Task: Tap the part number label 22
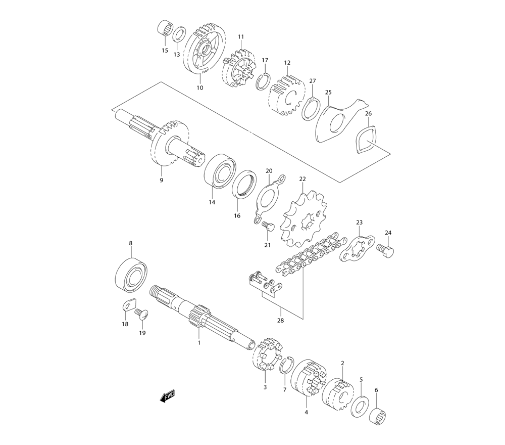point(302,179)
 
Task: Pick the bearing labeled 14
point(219,171)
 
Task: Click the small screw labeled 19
point(141,315)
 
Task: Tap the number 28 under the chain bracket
point(281,320)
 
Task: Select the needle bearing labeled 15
point(165,29)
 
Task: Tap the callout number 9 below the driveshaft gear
point(162,180)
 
